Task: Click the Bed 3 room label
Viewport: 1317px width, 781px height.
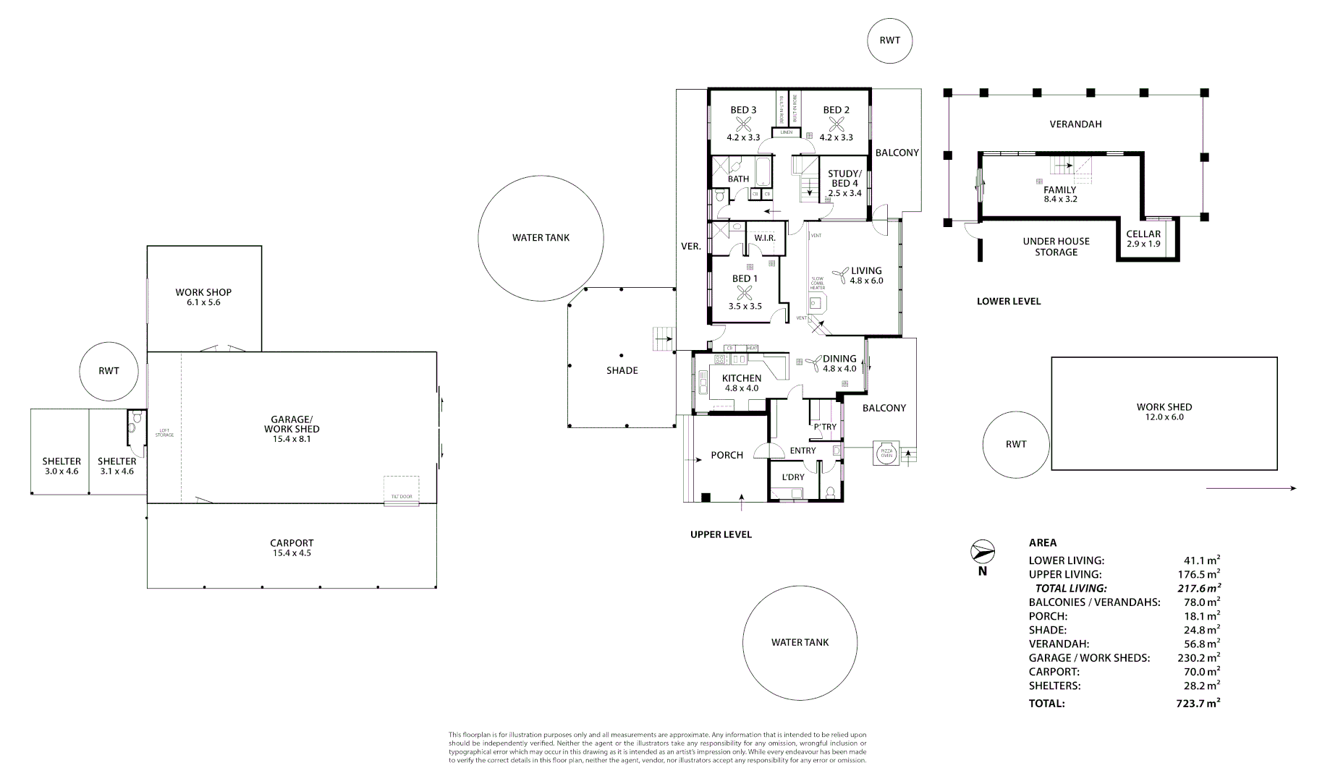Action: click(x=743, y=111)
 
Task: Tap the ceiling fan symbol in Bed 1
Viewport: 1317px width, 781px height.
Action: click(x=745, y=293)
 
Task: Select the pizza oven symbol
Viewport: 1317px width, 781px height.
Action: click(x=886, y=453)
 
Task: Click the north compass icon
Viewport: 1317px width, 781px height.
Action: click(x=983, y=552)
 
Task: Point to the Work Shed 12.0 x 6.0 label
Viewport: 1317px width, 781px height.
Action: click(x=1164, y=411)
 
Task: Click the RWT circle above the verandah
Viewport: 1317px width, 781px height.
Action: click(x=890, y=40)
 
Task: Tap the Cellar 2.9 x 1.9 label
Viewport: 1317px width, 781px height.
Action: click(x=1143, y=239)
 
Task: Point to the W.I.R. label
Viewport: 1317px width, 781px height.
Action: click(x=764, y=238)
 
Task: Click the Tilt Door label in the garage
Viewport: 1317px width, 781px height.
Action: click(x=401, y=497)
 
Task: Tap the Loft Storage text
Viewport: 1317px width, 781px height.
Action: click(x=164, y=433)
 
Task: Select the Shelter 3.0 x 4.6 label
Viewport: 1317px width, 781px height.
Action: click(x=62, y=466)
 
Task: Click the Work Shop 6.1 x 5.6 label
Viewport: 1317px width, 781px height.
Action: click(x=203, y=297)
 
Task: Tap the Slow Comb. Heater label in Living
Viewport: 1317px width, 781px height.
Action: click(x=817, y=283)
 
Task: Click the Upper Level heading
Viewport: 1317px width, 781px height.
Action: click(x=721, y=534)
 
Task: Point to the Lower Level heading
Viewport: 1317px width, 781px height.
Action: click(x=1008, y=301)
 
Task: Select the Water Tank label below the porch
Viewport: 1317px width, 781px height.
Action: click(x=800, y=642)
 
